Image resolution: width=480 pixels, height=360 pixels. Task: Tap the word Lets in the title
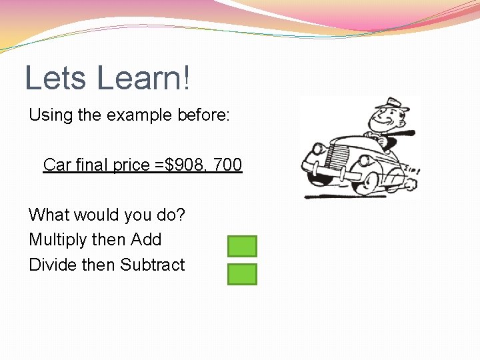(x=55, y=78)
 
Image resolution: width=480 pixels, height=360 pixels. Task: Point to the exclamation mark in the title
(x=186, y=78)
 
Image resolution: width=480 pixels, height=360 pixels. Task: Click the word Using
(x=51, y=115)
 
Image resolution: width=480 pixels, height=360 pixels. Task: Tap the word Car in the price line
(x=57, y=164)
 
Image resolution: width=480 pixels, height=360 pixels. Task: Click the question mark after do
(x=181, y=215)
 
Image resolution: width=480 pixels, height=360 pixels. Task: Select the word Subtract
(x=153, y=265)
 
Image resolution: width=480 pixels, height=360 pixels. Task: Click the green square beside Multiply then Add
(x=242, y=246)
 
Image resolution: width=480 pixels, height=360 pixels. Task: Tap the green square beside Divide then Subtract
(x=242, y=274)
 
